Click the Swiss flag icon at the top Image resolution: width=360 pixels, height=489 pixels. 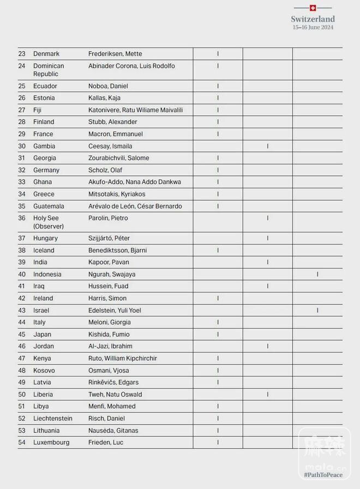click(x=313, y=8)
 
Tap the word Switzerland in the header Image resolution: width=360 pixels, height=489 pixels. click(x=313, y=19)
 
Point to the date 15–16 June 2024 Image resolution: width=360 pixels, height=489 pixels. click(x=313, y=27)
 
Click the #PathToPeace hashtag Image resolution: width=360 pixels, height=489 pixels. click(x=323, y=475)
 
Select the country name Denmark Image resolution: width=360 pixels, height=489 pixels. click(x=46, y=54)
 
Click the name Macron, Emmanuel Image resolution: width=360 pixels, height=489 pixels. click(x=116, y=134)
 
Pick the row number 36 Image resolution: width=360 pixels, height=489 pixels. click(x=22, y=218)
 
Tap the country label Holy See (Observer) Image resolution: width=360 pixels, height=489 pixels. click(x=48, y=222)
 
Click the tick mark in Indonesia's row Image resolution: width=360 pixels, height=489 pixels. click(x=317, y=275)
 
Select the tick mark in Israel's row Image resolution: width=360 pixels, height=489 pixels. click(x=317, y=311)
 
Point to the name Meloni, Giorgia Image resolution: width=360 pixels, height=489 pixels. click(x=109, y=323)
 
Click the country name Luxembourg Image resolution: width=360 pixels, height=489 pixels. click(x=51, y=443)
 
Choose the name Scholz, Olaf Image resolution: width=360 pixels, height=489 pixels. click(x=105, y=170)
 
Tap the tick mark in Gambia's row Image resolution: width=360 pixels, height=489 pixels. click(x=268, y=146)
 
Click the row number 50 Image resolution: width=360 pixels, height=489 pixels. click(x=22, y=395)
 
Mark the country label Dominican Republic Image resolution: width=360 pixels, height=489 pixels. click(x=49, y=70)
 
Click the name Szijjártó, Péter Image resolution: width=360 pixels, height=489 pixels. click(x=109, y=238)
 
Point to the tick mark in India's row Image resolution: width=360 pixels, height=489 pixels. click(x=268, y=263)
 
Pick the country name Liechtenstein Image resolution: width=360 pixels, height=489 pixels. click(x=52, y=419)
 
